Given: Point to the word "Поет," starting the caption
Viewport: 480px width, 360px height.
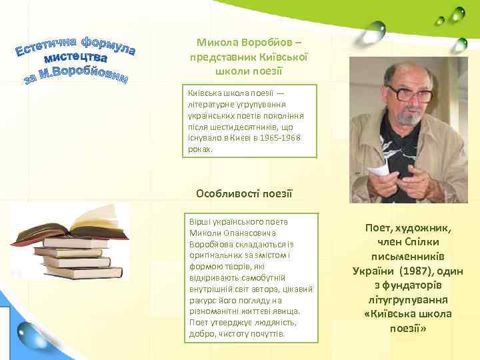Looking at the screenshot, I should coord(382,227).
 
